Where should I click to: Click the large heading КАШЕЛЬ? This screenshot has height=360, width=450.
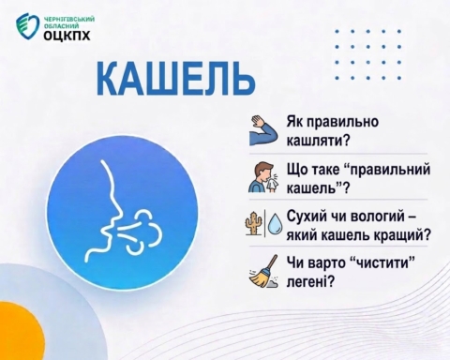pyautogui.click(x=175, y=80)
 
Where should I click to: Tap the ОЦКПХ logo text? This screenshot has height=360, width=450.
pyautogui.click(x=67, y=36)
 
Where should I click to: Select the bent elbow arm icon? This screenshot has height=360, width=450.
pyautogui.click(x=263, y=130)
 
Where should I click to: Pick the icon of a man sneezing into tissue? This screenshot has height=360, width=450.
pyautogui.click(x=263, y=177)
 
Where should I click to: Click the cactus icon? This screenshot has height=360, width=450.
pyautogui.click(x=254, y=222)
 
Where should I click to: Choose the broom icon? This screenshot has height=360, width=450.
pyautogui.click(x=264, y=271)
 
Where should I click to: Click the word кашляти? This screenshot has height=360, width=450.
pyautogui.click(x=318, y=141)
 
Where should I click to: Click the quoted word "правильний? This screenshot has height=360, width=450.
pyautogui.click(x=387, y=171)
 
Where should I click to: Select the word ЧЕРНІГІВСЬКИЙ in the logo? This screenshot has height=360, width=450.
pyautogui.click(x=69, y=20)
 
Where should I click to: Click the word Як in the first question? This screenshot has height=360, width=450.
pyautogui.click(x=293, y=121)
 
